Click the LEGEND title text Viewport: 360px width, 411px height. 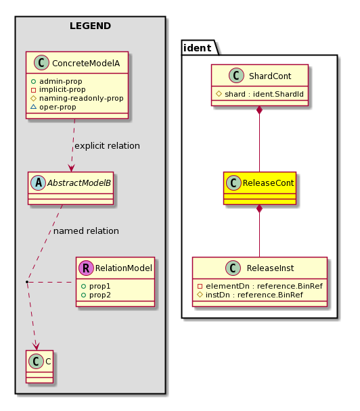click(90, 26)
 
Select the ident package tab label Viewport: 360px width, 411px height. click(198, 48)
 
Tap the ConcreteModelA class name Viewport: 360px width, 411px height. click(86, 63)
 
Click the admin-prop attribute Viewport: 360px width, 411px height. click(61, 81)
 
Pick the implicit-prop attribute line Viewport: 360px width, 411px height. click(62, 90)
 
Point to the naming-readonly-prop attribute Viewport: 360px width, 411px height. click(81, 98)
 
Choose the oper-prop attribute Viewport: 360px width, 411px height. click(58, 107)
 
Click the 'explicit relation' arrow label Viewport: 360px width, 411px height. click(107, 146)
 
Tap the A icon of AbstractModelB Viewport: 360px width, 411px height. click(39, 183)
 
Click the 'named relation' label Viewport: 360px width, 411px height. click(86, 231)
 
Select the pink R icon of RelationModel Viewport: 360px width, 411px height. click(86, 268)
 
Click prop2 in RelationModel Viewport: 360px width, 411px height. click(99, 295)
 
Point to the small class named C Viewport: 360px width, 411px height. click(40, 366)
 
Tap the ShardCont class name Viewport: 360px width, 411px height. click(270, 76)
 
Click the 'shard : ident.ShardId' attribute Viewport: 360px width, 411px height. click(264, 94)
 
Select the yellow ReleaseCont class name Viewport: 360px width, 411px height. click(268, 183)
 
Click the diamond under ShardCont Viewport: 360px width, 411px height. click(259, 110)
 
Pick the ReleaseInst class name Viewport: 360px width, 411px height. click(270, 268)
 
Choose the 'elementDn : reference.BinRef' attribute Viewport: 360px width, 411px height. click(264, 286)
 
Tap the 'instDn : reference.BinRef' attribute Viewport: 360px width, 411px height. click(254, 295)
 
